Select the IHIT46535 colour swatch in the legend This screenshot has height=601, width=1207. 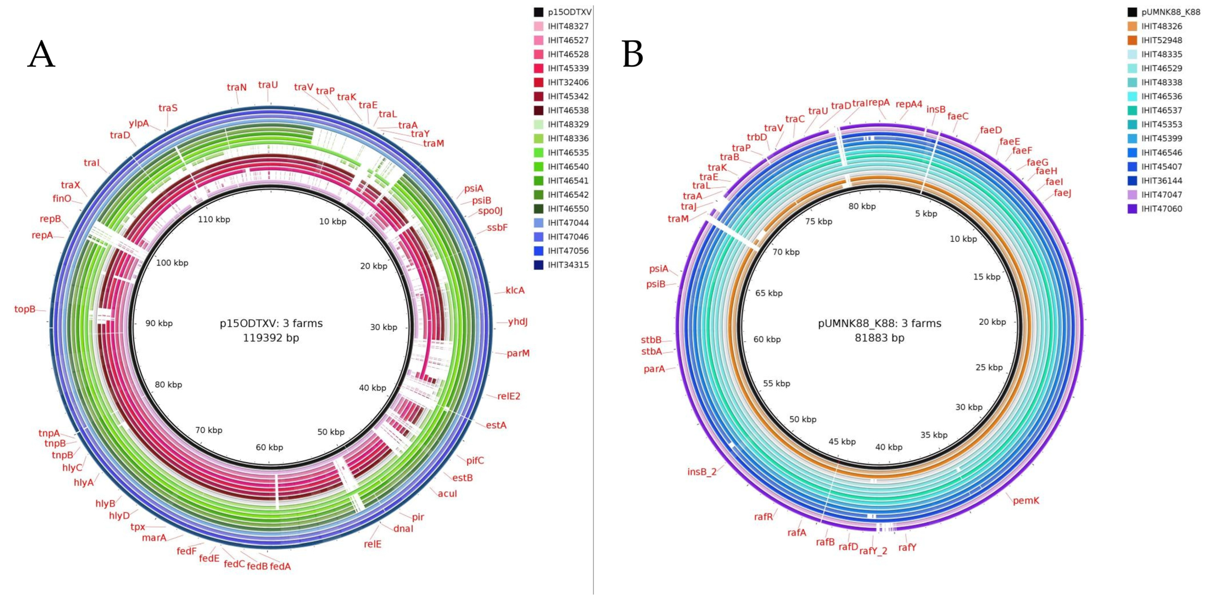[x=538, y=152]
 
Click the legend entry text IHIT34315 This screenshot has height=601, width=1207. [x=568, y=265]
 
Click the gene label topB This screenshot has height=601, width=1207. [x=25, y=309]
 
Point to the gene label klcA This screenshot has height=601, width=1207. [x=515, y=290]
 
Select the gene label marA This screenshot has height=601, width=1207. [x=154, y=538]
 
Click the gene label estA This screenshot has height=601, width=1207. [x=496, y=425]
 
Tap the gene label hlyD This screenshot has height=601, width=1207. [x=119, y=516]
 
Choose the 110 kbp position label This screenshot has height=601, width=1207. [x=214, y=219]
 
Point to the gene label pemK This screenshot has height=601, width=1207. [x=1026, y=501]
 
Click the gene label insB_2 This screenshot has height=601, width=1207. [x=701, y=472]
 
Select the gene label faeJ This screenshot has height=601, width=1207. [x=1062, y=193]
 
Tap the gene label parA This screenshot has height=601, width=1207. [x=654, y=369]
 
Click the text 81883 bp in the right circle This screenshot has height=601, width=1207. [x=879, y=338]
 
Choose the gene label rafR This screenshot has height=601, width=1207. [x=763, y=516]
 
